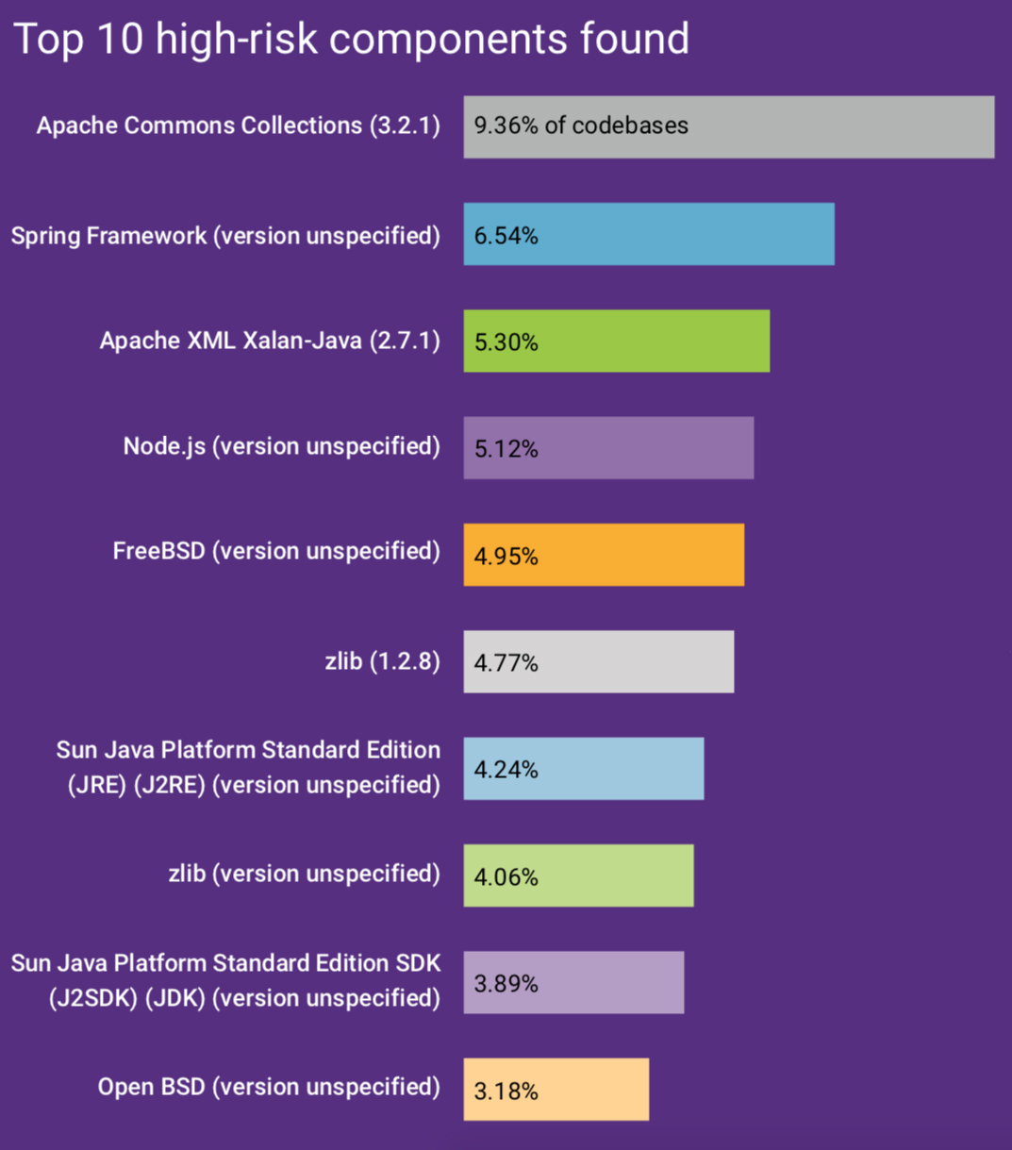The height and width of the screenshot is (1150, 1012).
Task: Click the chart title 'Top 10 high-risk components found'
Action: coord(351,40)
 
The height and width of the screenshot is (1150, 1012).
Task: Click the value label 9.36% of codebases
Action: coord(581,125)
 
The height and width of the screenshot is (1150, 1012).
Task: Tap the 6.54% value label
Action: coord(506,235)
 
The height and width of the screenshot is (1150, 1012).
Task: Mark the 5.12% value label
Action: coord(506,449)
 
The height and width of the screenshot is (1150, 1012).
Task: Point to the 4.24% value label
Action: coord(506,770)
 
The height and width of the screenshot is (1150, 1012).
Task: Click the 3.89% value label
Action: coord(506,984)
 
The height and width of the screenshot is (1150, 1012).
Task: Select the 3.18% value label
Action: coord(506,1092)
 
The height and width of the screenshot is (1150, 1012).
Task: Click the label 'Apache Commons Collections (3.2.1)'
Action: coord(238,125)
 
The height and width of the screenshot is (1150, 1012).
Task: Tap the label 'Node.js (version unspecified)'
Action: coord(281,445)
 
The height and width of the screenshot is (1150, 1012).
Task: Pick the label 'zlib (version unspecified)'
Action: coord(304,874)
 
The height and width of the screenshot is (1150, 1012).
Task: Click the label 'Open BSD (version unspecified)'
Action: coord(269,1087)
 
